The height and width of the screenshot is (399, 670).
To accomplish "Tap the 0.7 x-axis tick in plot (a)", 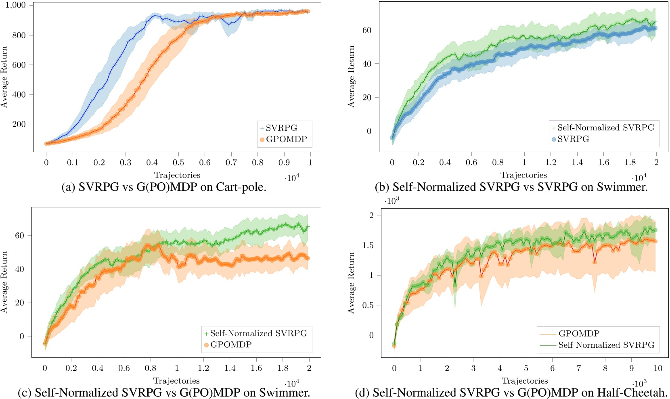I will (x=231, y=162).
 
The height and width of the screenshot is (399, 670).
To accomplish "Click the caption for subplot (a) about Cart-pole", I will (x=164, y=187).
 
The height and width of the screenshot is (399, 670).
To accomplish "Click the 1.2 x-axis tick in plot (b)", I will (x=551, y=162).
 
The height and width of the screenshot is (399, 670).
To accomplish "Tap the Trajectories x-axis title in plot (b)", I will (x=523, y=175).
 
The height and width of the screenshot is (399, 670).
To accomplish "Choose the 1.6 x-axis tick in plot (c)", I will (x=256, y=368).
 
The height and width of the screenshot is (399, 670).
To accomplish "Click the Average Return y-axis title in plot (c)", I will (x=4, y=282).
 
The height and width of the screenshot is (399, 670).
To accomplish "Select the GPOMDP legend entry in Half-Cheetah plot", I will (x=579, y=334).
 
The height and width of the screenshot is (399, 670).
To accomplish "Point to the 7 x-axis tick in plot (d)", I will (x=579, y=368).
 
